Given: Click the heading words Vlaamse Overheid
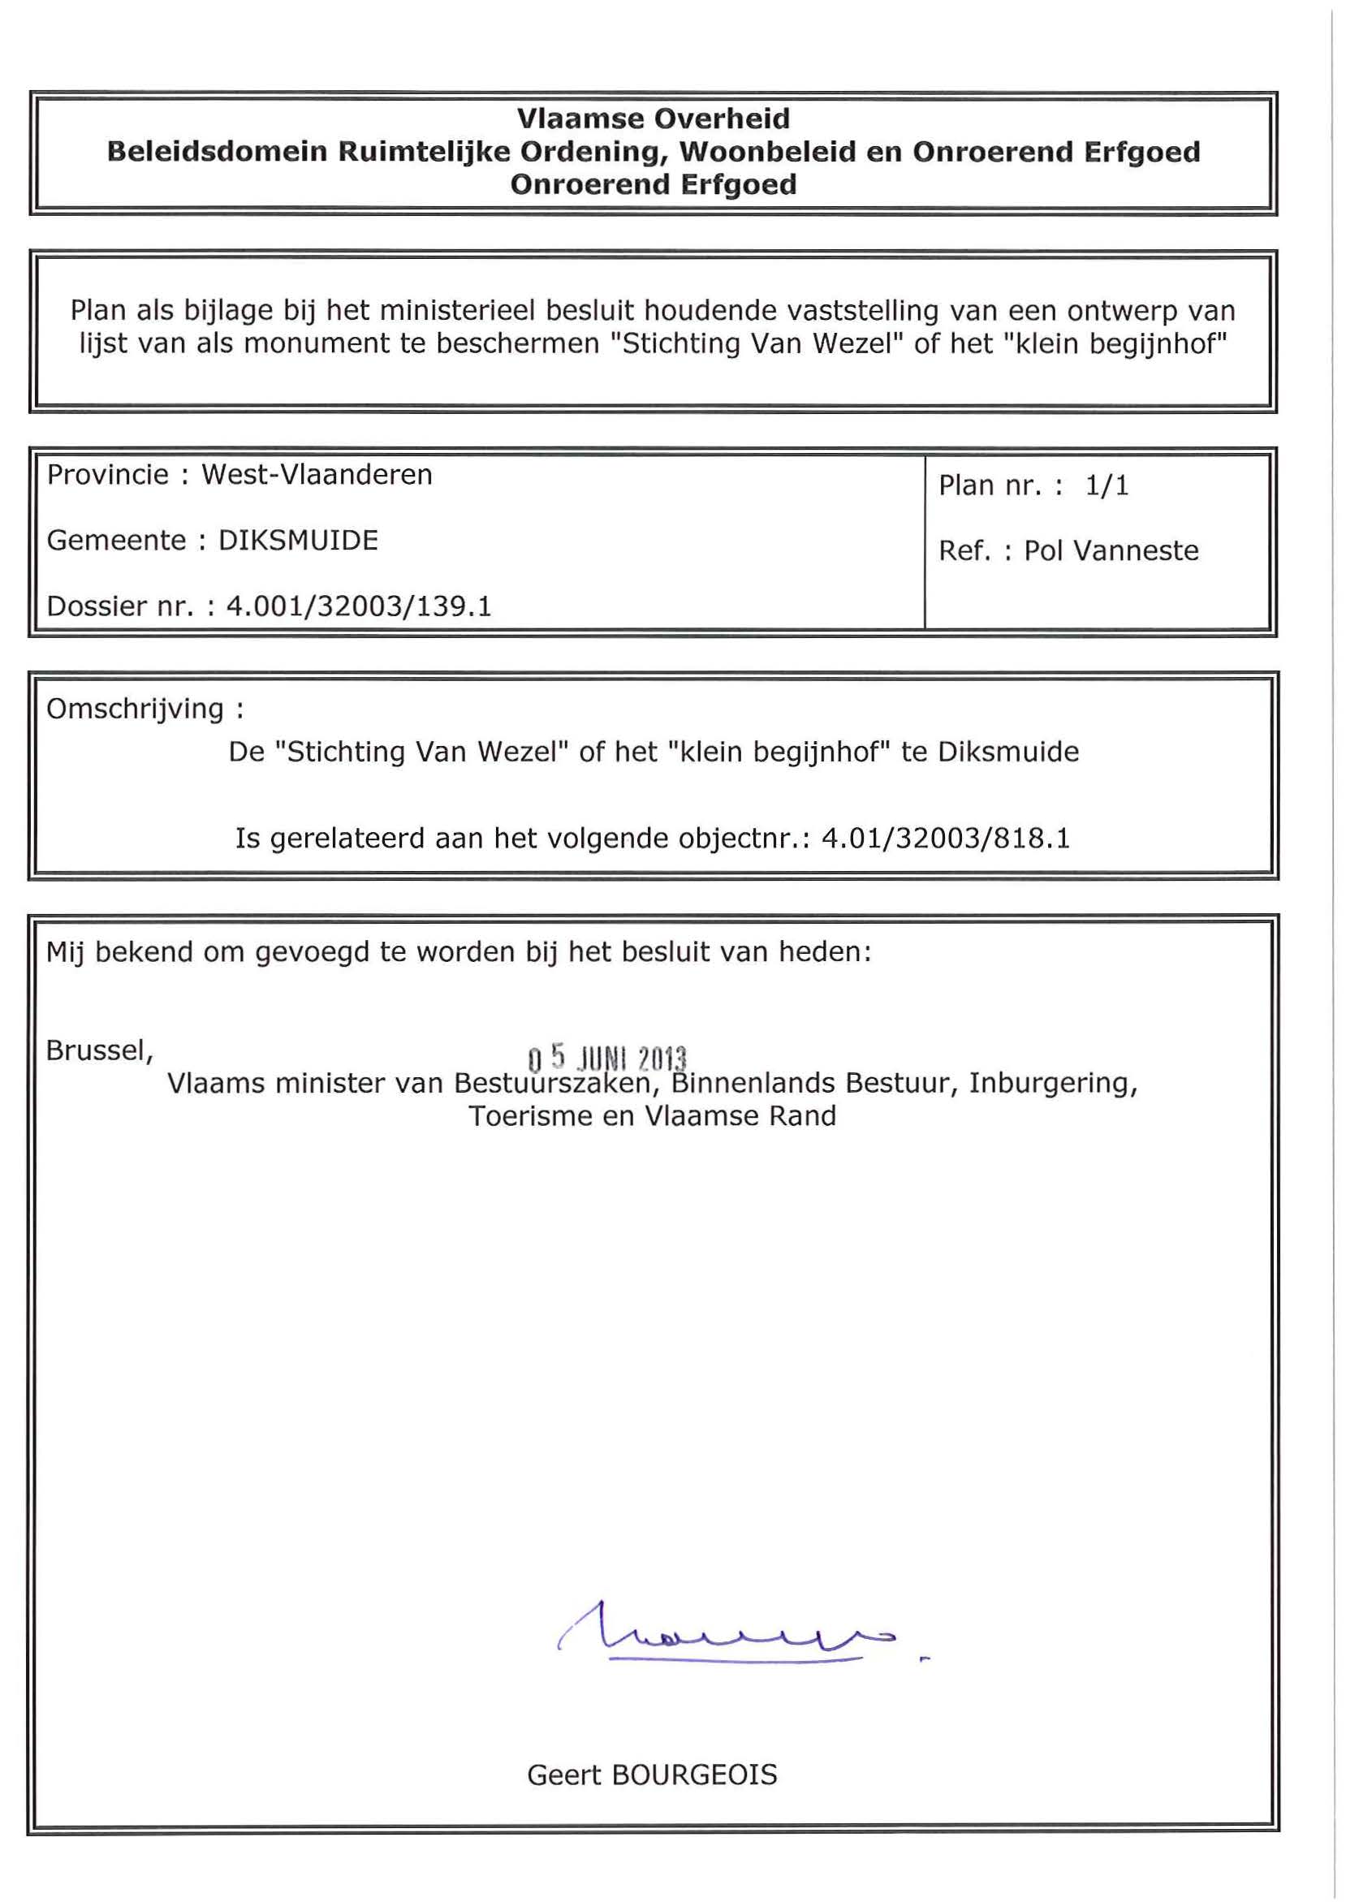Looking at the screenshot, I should (x=653, y=119).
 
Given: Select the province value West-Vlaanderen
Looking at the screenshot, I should (x=317, y=475).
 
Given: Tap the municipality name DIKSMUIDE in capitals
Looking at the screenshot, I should (x=299, y=541).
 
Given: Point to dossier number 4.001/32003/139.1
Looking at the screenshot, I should (x=359, y=606).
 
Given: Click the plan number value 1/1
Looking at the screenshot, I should (x=1107, y=485).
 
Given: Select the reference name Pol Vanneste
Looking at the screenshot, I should (x=1111, y=551).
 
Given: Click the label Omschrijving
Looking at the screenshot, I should (x=136, y=709).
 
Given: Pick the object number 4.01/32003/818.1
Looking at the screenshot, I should (x=945, y=839).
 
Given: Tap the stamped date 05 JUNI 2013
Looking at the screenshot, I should (x=607, y=1059).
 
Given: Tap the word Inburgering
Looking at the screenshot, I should (x=1053, y=1084).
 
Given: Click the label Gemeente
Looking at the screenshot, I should (x=116, y=541).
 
